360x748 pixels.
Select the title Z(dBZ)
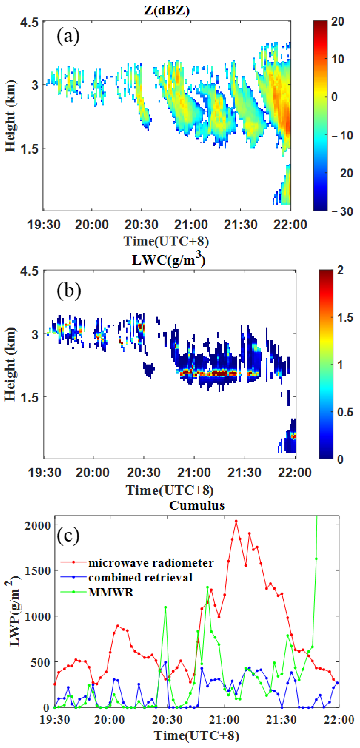[x=167, y=11]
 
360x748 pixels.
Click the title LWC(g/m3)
[x=168, y=259]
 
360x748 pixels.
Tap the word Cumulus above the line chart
[x=197, y=505]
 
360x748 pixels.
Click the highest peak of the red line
[x=236, y=521]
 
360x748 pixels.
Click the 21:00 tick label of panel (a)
[x=191, y=225]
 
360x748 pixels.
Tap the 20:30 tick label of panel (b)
[x=143, y=473]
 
